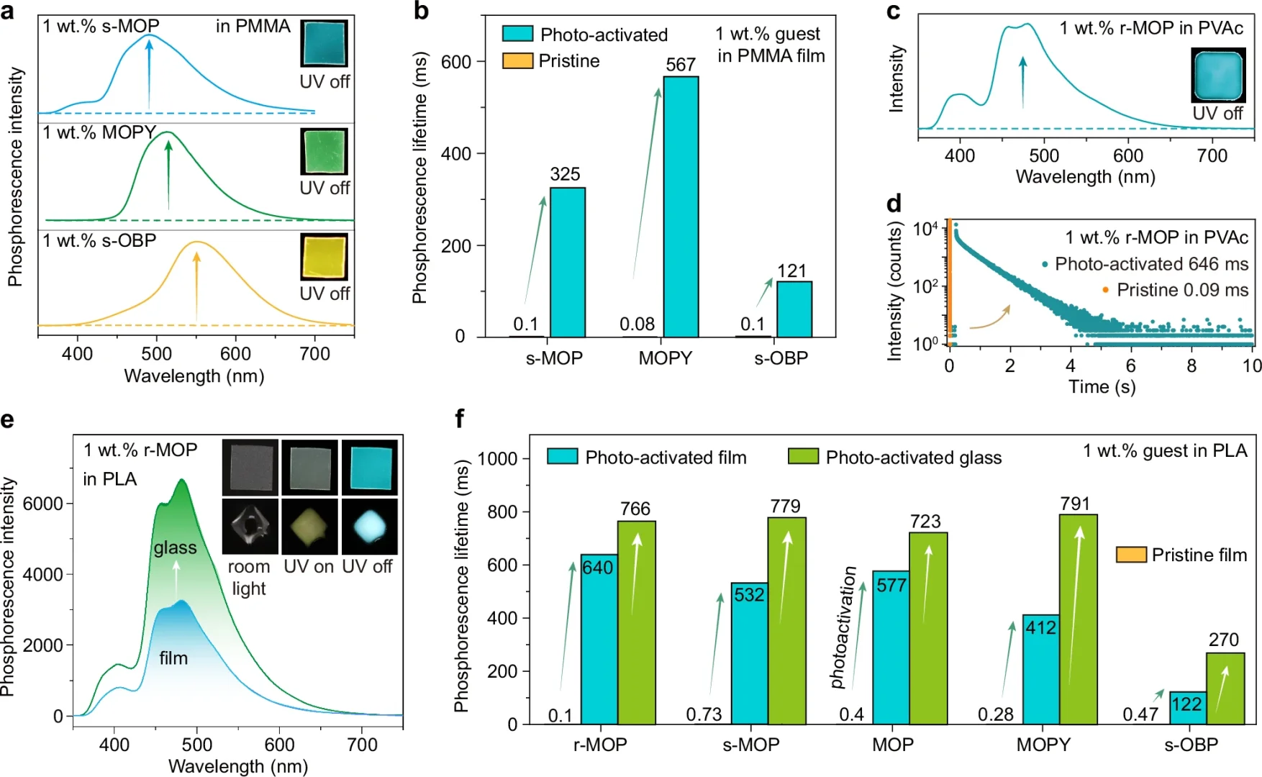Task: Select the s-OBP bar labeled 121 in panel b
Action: click(794, 309)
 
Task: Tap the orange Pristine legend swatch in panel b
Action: click(517, 60)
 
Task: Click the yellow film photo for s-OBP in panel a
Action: click(324, 257)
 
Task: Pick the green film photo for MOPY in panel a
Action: click(324, 151)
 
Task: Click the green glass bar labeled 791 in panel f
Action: click(1078, 619)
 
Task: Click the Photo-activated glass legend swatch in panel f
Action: click(803, 457)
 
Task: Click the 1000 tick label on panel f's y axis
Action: click(497, 458)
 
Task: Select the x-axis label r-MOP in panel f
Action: click(599, 745)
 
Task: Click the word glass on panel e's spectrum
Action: click(175, 547)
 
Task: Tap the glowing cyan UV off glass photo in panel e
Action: click(369, 526)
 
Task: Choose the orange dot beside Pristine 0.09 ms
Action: click(1105, 290)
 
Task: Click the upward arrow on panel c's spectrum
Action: click(1022, 82)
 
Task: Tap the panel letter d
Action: click(894, 204)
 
